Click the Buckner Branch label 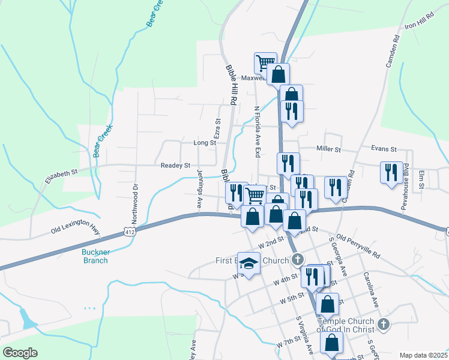coord(95,256)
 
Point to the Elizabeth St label coord(62,176)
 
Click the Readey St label coord(175,165)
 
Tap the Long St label coord(204,143)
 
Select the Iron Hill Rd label coord(419,23)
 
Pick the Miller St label coord(328,149)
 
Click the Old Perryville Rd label coord(358,246)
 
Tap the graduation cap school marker coord(249,263)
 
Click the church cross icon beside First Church coord(297,260)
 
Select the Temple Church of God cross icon coord(384,325)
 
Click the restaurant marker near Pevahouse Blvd coord(391,173)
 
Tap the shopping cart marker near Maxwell coord(265,62)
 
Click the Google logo coord(20,353)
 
